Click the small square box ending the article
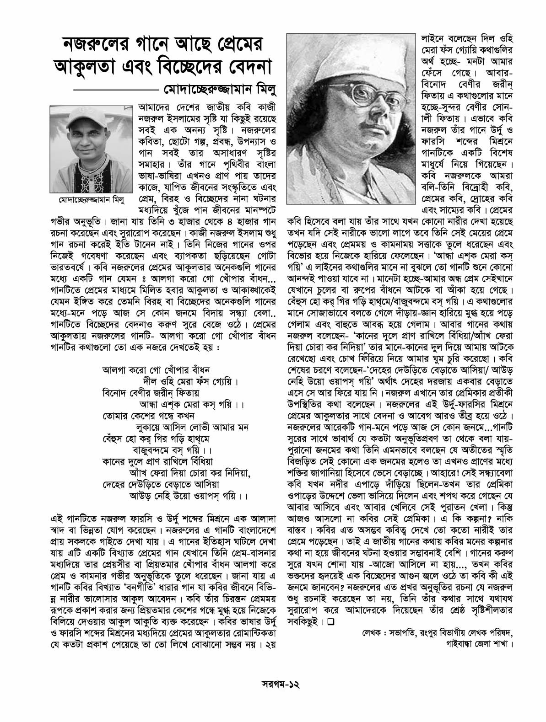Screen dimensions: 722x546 [x=331, y=622]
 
